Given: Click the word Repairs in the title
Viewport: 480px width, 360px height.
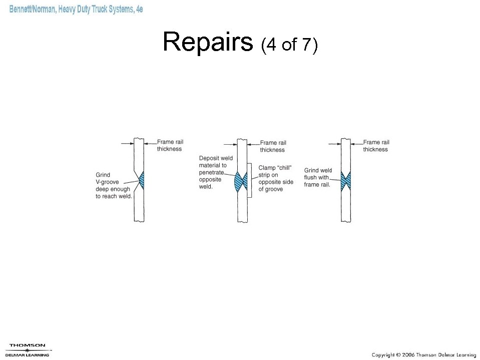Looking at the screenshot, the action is (208, 42).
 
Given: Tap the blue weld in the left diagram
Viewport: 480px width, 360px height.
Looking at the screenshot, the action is (142, 180).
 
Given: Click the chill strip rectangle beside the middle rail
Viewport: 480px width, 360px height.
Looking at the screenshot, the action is (249, 180).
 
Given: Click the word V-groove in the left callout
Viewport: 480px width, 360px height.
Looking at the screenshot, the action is (108, 182).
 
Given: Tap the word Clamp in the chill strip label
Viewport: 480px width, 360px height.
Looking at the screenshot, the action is (267, 168).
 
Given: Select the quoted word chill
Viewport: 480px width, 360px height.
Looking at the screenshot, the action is (284, 168).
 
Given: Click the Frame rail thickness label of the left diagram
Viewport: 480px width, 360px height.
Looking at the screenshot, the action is (170, 145).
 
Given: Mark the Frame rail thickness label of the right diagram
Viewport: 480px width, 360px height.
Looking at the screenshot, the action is (376, 146).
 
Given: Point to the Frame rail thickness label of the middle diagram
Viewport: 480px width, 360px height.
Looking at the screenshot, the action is (273, 146).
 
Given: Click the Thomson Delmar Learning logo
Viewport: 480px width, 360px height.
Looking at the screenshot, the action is (28, 349).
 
